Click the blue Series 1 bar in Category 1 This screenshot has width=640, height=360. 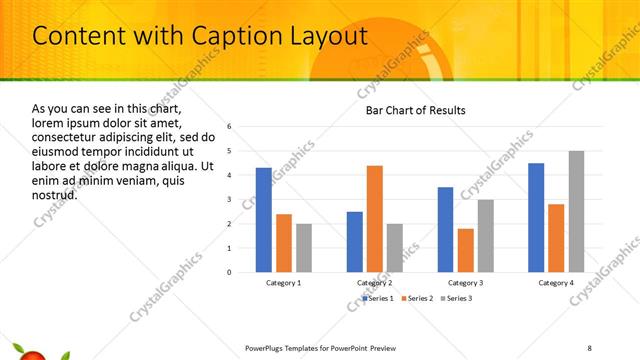coord(263,220)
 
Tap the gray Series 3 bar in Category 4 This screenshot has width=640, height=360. coord(576,211)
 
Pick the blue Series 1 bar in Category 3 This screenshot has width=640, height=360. coord(445,229)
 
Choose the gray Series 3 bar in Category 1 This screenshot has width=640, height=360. coord(304,248)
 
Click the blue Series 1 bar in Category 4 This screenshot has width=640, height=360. coord(536,217)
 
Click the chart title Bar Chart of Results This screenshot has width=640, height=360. coord(415,110)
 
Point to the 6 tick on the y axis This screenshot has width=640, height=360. coord(230,127)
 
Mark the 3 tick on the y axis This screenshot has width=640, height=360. coord(230,199)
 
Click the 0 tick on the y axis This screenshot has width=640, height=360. coord(230,272)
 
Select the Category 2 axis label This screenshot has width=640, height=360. coord(374,283)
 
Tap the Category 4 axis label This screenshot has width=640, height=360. coord(555,283)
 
